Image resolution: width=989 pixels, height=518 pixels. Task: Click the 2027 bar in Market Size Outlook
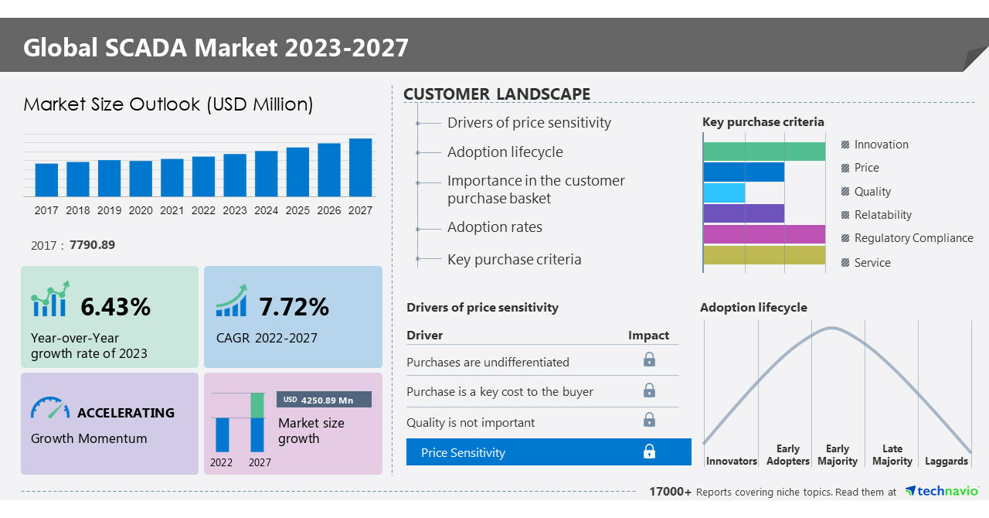360,168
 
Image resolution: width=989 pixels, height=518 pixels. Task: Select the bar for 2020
141,179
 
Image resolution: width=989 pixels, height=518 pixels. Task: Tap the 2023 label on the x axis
235,210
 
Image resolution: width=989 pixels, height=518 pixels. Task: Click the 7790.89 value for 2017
92,245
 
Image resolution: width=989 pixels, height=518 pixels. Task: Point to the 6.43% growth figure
115,307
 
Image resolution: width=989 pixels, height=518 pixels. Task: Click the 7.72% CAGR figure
294,307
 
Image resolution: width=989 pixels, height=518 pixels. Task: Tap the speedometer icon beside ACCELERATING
50,409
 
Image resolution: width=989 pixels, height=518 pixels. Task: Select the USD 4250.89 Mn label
324,400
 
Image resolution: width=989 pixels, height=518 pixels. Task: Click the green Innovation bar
763,152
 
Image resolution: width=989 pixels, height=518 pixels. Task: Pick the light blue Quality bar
724,193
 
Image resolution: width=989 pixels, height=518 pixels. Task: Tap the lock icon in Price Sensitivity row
649,452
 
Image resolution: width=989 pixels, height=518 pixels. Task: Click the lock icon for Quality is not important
649,420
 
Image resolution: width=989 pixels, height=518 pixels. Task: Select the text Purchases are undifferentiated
488,362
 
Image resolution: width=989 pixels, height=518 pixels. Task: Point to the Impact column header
648,335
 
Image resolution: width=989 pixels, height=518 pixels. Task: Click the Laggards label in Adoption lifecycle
946,461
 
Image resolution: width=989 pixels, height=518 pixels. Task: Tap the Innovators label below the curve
731,461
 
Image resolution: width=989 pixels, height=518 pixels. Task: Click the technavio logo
942,492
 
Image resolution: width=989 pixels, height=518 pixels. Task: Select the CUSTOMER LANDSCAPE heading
497,94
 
